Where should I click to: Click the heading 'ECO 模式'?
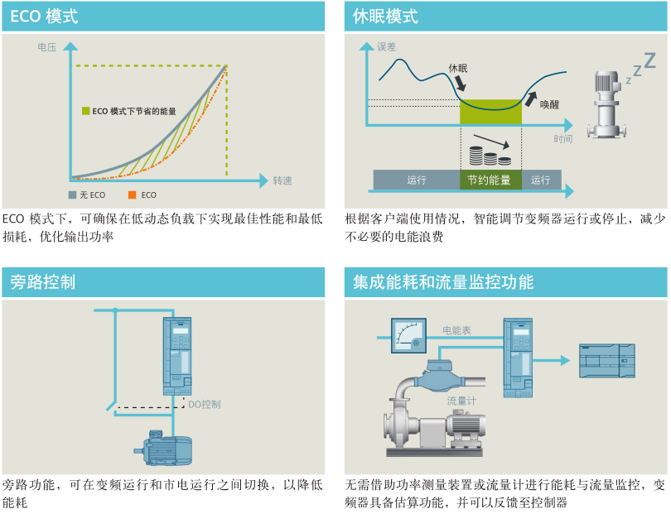click(x=43, y=17)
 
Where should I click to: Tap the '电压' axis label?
click(x=46, y=48)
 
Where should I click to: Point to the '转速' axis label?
click(x=282, y=180)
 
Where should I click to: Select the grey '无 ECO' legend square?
click(x=72, y=195)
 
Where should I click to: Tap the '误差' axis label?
click(x=386, y=47)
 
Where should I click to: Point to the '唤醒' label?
click(x=549, y=104)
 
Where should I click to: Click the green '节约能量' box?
click(x=490, y=180)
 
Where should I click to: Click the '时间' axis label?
click(x=563, y=138)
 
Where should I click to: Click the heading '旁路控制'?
click(x=43, y=282)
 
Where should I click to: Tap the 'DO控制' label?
click(x=204, y=404)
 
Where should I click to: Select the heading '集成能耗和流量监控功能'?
click(x=443, y=282)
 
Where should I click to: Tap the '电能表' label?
click(x=456, y=330)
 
